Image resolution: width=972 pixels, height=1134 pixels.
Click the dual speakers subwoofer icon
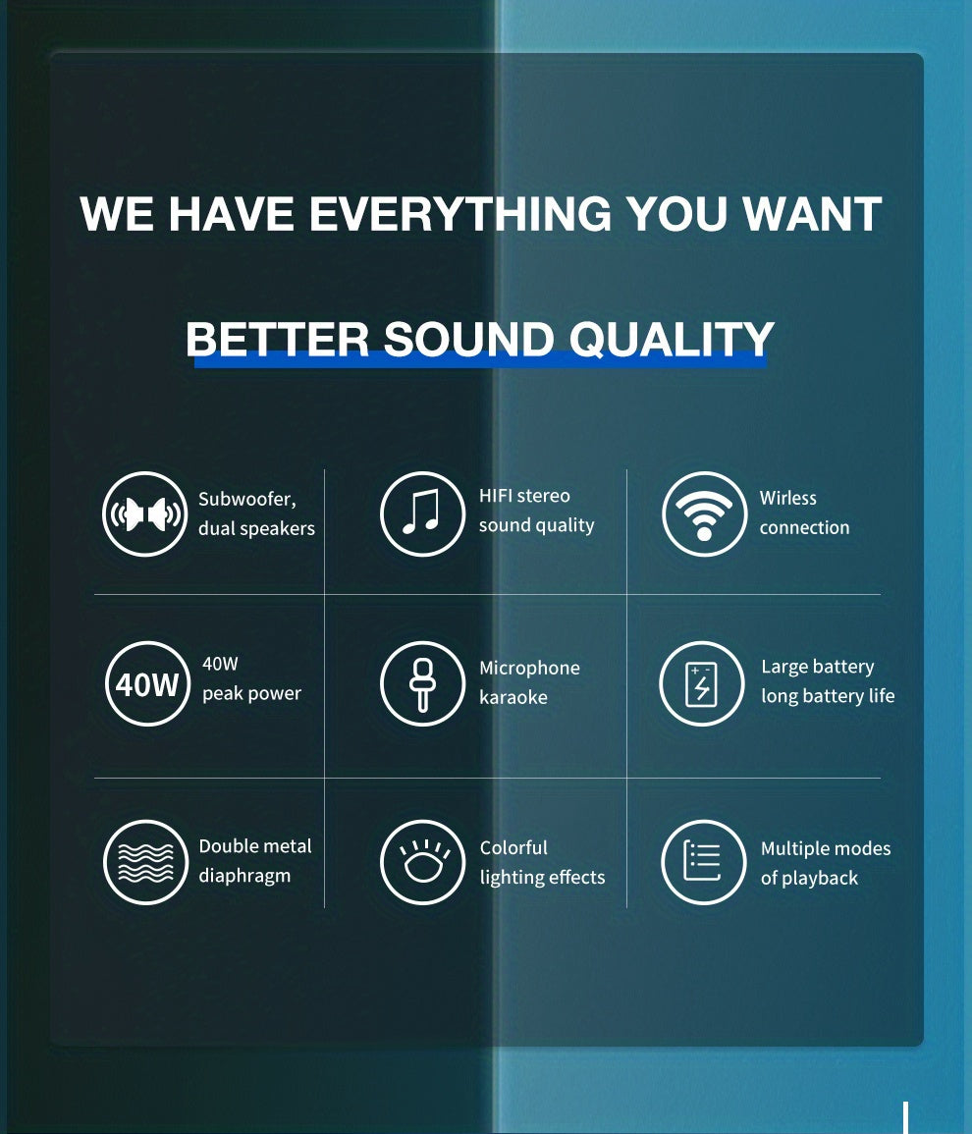click(145, 514)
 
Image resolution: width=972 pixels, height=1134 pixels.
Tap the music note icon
click(422, 514)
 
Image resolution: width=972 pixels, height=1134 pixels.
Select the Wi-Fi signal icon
click(704, 514)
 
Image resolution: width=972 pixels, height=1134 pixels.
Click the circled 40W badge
click(147, 684)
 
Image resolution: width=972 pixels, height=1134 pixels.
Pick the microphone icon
click(422, 684)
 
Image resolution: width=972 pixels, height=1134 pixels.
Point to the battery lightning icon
click(701, 684)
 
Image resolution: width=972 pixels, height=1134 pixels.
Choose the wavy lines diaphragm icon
click(145, 862)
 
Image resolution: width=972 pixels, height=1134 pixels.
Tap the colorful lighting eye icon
click(422, 862)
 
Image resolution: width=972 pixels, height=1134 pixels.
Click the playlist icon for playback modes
click(703, 862)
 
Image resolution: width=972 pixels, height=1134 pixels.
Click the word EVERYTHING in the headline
click(460, 215)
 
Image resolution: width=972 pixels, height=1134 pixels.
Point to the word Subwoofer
click(246, 499)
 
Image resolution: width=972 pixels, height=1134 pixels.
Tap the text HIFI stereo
click(524, 496)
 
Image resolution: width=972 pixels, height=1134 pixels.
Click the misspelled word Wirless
click(787, 498)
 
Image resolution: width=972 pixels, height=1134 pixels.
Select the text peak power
click(251, 693)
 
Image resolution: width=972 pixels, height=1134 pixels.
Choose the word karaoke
click(513, 697)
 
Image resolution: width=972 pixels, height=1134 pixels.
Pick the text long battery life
click(828, 696)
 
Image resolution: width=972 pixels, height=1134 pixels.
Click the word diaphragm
click(244, 876)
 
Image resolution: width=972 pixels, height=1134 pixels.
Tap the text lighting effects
click(542, 878)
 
